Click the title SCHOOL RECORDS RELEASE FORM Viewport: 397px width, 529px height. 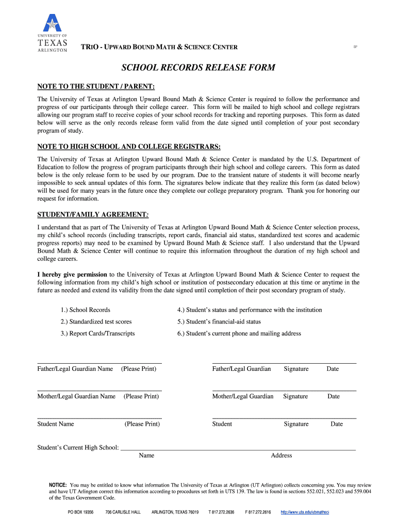198,68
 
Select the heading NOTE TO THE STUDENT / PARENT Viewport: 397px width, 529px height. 96,86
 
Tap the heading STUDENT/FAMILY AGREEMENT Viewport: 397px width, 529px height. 93,214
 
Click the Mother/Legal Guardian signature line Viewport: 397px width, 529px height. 284,390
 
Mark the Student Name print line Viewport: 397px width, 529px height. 100,417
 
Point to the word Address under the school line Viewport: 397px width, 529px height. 282,456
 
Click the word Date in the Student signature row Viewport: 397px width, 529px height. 337,424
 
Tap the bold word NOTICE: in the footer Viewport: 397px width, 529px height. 58,486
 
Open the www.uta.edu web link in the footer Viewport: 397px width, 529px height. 305,512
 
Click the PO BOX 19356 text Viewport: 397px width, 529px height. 80,512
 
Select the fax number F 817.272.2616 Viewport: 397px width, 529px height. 258,512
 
